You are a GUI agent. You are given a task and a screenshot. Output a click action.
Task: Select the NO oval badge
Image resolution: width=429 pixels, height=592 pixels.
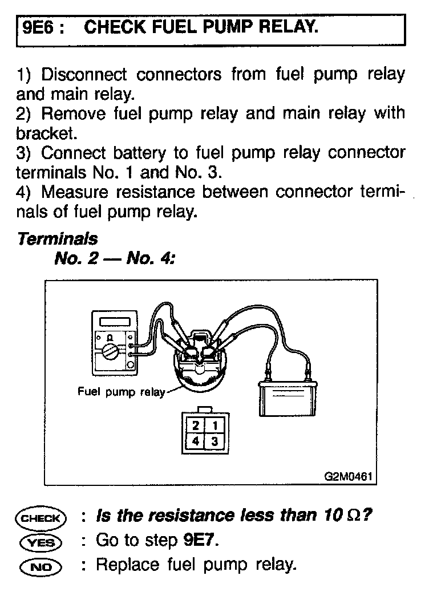coord(41,566)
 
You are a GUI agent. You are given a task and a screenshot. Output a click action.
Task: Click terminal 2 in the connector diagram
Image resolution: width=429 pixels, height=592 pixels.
coord(196,425)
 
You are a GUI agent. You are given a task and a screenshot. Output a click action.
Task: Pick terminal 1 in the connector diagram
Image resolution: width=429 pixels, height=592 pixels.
coord(214,425)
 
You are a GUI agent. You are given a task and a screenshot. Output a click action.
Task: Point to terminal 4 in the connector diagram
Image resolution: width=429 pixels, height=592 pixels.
coord(196,440)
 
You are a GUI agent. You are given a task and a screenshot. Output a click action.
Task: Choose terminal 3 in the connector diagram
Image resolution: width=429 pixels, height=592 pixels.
coord(214,440)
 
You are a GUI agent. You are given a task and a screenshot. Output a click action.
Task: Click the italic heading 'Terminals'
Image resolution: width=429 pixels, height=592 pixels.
coord(58,238)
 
